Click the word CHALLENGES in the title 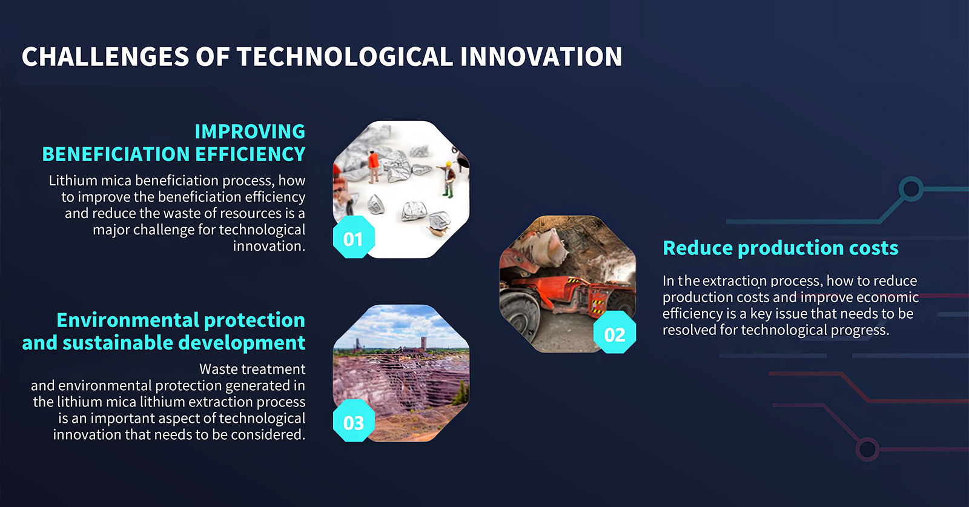tap(105, 57)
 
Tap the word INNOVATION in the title tap(541, 57)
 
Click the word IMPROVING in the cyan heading tap(250, 131)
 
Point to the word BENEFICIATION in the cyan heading tap(116, 154)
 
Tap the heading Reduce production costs tap(781, 248)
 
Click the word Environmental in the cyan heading tap(128, 320)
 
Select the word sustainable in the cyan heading tap(118, 343)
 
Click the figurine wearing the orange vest tap(373, 167)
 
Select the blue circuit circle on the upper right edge tap(911, 189)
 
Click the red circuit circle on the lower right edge tap(867, 449)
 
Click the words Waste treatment tap(252, 369)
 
